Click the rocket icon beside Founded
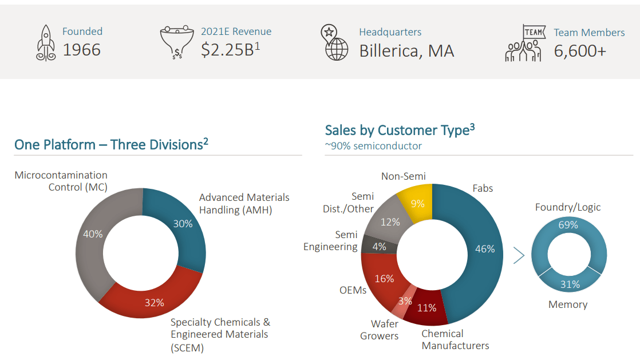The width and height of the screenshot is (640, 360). point(46,43)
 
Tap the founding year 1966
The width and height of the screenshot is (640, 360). point(81,50)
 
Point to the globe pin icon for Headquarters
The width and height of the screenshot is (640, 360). point(335,42)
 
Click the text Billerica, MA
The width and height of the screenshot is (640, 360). point(406,51)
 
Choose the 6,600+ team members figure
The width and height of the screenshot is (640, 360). point(579,51)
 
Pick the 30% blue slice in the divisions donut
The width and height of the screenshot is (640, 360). point(183,224)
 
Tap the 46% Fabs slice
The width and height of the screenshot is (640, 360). point(484,250)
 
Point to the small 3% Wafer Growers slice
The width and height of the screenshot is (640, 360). point(405,301)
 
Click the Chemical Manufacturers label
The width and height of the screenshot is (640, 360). point(455,339)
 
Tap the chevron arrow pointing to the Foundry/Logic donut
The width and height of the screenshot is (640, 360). point(519,255)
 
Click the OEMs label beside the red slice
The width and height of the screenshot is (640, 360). point(353,290)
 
